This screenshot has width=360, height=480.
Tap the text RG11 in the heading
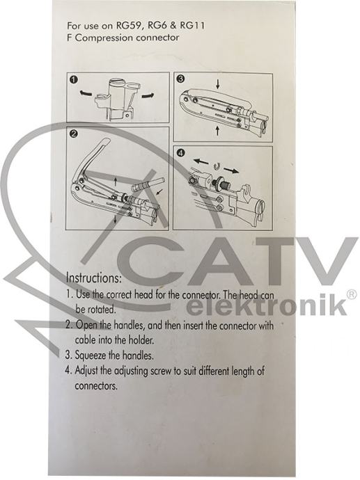coord(192,25)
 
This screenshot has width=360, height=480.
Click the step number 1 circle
coord(74,80)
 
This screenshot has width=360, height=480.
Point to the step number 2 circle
coord(74,134)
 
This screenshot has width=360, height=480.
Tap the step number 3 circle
coord(181,79)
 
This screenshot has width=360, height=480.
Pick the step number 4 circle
coord(181,152)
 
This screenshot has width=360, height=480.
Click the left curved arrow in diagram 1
coord(86,93)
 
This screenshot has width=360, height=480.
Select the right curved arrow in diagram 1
coord(148,95)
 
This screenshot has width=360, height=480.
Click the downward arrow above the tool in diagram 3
coord(217,84)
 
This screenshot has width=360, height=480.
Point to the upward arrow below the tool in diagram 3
coord(217,131)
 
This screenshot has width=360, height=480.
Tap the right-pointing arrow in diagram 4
coord(231,170)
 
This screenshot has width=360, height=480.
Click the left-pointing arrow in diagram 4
coord(201,161)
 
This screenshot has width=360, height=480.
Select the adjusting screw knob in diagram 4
coord(219,181)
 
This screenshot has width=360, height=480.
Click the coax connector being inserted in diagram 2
coord(148,185)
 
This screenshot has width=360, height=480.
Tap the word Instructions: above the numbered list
coord(94,278)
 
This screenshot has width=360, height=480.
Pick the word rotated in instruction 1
coord(102,309)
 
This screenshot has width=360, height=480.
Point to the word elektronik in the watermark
coord(267,306)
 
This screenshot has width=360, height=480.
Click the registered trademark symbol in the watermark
coord(352,294)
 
